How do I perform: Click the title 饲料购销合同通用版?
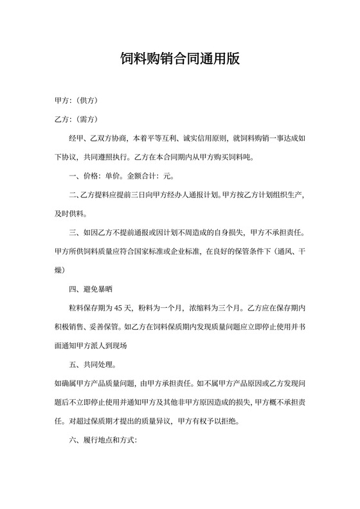[180, 60]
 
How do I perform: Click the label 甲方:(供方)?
[76, 101]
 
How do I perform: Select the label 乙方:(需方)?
[76, 120]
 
